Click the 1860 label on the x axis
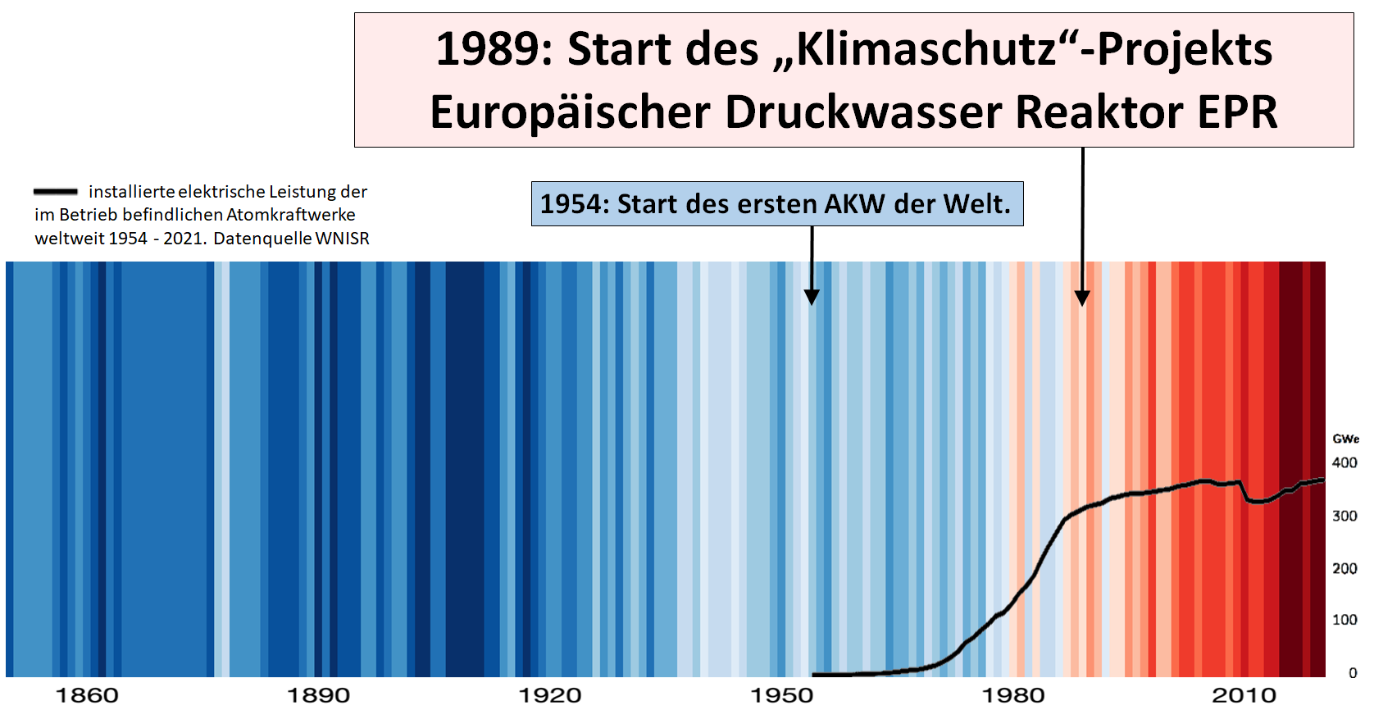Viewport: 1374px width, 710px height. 87,696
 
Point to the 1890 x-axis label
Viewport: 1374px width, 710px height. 318,696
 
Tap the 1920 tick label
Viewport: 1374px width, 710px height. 550,696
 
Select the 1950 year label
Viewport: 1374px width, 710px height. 782,696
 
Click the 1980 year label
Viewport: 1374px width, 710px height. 1013,696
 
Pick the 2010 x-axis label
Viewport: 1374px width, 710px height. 1244,696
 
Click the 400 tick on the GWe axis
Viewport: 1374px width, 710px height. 1344,463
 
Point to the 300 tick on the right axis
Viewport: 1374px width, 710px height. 1344,516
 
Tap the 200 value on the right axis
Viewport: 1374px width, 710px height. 1344,568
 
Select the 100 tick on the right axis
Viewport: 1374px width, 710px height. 1344,620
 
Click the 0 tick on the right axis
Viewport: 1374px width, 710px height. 1353,673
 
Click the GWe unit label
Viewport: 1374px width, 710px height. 1345,439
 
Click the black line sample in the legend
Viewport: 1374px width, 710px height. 56,192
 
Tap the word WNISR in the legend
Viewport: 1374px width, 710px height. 343,239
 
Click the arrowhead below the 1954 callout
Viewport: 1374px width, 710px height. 812,297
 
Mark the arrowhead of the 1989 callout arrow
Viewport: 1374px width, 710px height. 1082,298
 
